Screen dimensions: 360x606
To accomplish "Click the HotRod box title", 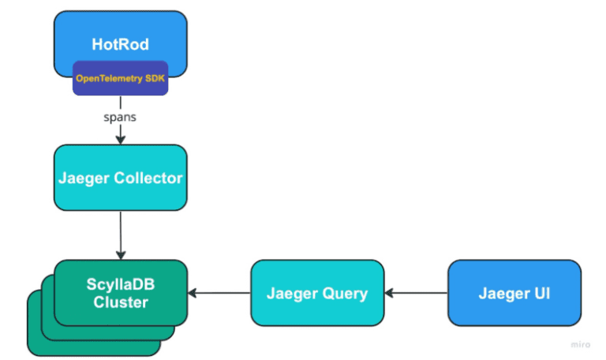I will [120, 44].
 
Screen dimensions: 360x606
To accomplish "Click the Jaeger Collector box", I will [120, 178].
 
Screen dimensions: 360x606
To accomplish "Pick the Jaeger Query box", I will [316, 294].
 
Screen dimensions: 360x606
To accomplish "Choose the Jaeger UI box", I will [514, 294].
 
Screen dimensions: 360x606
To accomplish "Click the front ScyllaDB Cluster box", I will [120, 293].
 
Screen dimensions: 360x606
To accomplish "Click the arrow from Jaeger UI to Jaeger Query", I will [416, 294].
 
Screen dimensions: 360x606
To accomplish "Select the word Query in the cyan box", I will [346, 294].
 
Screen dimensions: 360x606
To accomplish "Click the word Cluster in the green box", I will [120, 302].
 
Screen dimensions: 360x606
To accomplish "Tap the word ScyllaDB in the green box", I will [120, 284].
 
